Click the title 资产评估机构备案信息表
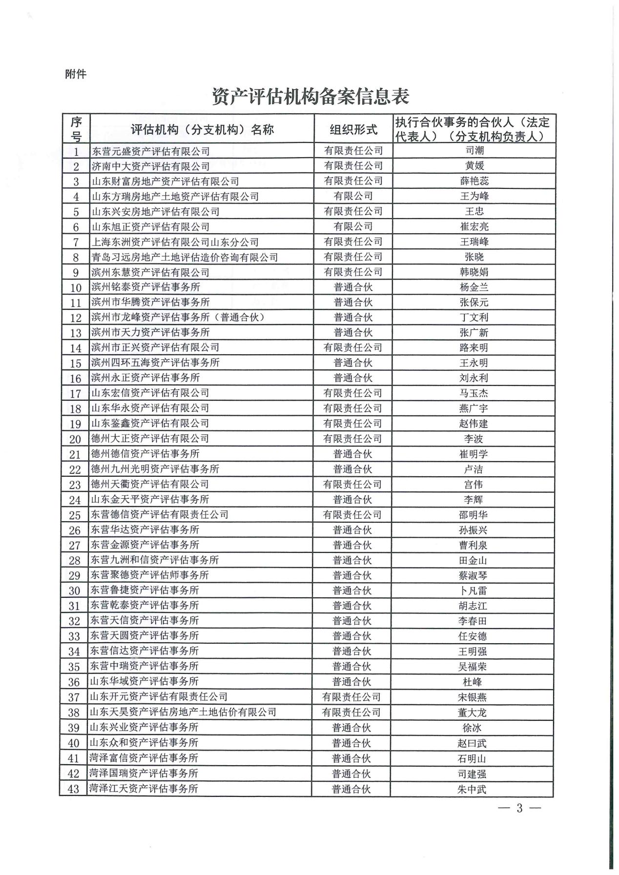point(310,97)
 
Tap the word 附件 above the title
point(75,74)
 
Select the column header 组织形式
point(353,129)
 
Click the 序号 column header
point(76,129)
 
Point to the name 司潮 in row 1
point(474,151)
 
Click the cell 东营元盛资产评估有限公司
point(151,151)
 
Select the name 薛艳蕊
point(474,181)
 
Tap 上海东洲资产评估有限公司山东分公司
point(175,242)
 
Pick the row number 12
point(76,318)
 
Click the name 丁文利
point(474,318)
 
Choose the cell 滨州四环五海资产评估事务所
point(156,363)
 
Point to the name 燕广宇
point(474,408)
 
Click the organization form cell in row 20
point(352,439)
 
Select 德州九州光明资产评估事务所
point(155,469)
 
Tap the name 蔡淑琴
point(473,575)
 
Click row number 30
point(74,591)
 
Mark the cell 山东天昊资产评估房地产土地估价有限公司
point(183,712)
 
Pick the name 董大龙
point(472,712)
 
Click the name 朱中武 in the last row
point(472,789)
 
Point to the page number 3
point(519,808)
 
